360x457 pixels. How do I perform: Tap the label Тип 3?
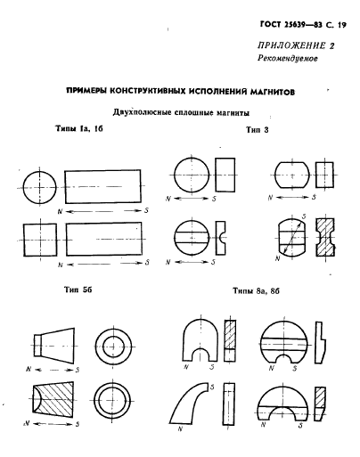(258, 130)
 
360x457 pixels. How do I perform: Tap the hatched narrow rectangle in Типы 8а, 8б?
(232, 339)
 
